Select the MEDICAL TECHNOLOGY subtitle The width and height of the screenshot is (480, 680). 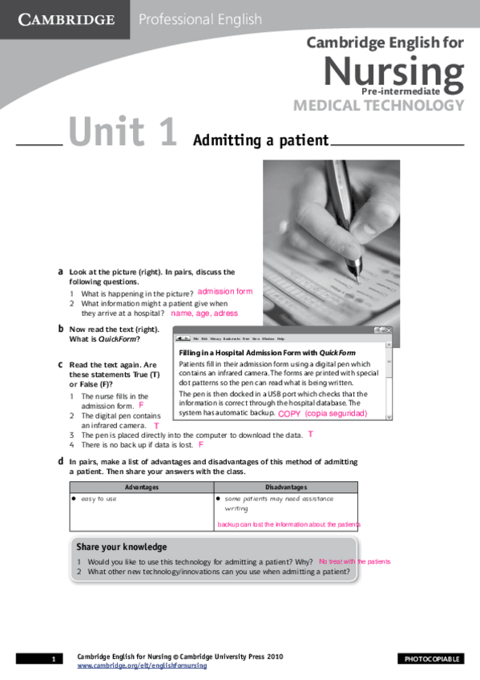378,105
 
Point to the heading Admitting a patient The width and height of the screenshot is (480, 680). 261,141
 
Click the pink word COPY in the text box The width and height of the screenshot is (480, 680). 289,414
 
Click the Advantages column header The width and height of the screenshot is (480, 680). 142,487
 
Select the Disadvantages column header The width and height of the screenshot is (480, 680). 286,487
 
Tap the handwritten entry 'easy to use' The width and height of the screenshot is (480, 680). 99,499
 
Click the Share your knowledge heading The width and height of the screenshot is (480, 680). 122,547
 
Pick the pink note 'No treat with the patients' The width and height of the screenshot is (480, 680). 354,562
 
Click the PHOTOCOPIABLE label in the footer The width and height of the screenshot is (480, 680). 432,659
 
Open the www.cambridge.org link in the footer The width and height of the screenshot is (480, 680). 141,666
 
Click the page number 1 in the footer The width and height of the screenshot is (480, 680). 53,659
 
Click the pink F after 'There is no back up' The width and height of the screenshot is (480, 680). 201,444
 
